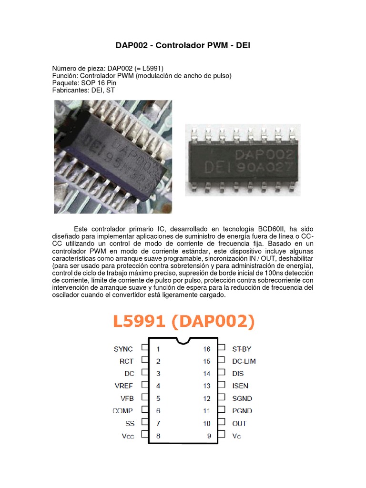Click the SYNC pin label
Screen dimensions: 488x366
click(123, 349)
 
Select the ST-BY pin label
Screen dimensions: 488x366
click(241, 349)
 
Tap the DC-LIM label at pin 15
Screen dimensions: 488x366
click(244, 361)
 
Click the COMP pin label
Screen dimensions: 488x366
click(122, 411)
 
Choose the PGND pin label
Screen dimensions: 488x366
click(242, 411)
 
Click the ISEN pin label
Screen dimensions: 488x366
click(240, 386)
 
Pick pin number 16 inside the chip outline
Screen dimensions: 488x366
click(206, 349)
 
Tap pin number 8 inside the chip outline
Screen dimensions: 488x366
click(158, 436)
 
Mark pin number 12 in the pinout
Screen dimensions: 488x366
click(206, 398)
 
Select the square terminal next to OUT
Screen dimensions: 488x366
click(221, 423)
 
